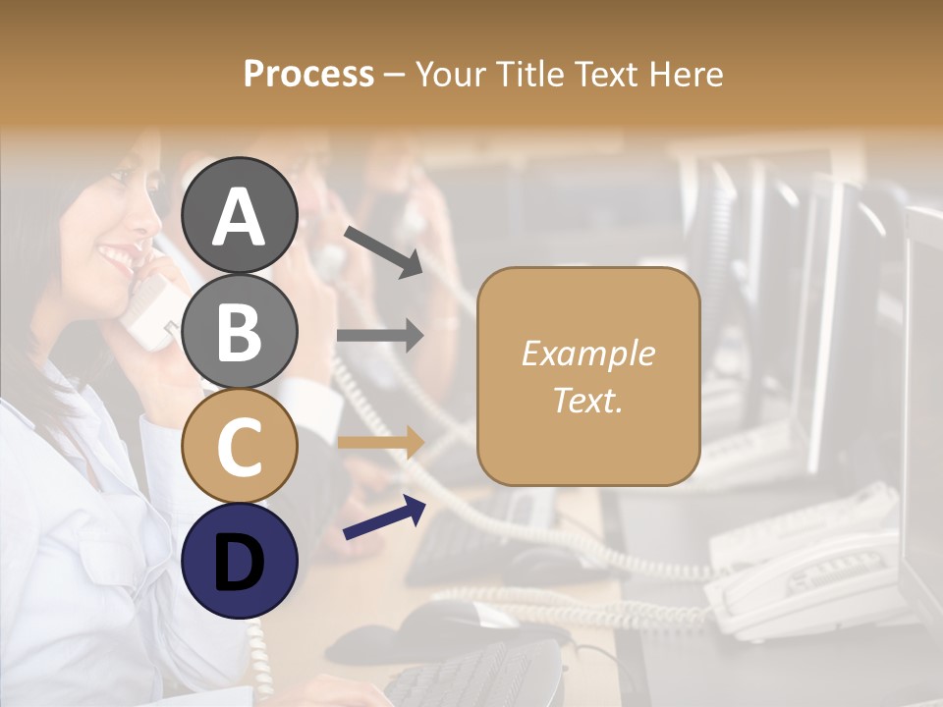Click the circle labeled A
(x=240, y=215)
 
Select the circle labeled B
(x=240, y=331)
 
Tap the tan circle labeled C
(x=240, y=446)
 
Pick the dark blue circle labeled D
(x=240, y=561)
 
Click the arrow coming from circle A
(x=383, y=249)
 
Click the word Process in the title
(x=308, y=74)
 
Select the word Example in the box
(x=587, y=353)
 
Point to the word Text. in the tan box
(x=587, y=400)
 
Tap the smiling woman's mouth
(x=116, y=258)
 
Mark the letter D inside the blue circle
(x=240, y=562)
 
